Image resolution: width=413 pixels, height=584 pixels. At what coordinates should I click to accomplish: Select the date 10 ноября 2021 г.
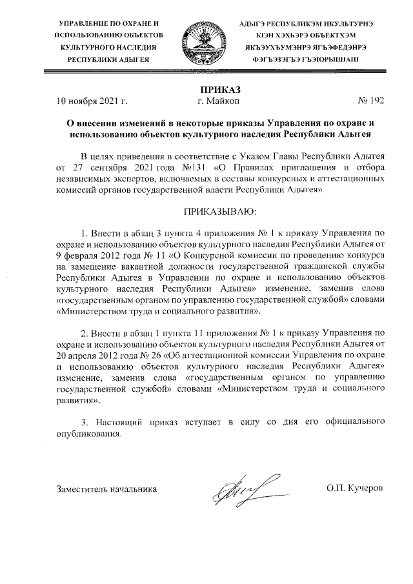tap(92, 101)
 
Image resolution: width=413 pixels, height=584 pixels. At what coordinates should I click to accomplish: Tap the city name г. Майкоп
tap(218, 101)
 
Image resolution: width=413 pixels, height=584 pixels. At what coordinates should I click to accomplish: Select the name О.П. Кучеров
tap(355, 488)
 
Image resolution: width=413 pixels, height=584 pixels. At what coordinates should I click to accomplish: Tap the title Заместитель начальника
tap(107, 488)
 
